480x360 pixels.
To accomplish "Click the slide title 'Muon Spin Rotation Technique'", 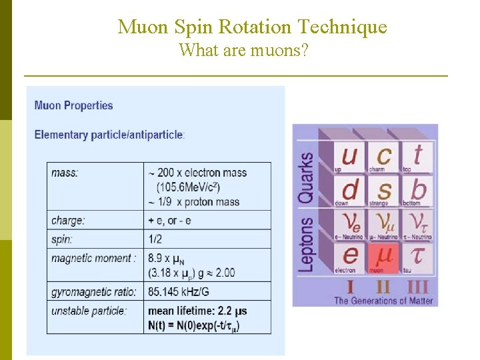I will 252,27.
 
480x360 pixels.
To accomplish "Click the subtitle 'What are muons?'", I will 243,50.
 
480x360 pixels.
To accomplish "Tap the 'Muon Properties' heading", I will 73,105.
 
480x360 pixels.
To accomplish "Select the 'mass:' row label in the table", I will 65,173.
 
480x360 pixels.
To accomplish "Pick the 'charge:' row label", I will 68,220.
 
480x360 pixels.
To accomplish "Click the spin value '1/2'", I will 155,239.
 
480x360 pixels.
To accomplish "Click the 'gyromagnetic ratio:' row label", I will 94,291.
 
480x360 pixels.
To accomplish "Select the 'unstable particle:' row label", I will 89,311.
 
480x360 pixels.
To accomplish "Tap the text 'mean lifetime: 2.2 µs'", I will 197,311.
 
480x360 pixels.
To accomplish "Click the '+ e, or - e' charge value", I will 169,220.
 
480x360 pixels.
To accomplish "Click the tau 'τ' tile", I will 417,256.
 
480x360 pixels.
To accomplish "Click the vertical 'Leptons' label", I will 307,243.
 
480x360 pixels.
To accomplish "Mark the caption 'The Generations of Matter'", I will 383,301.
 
